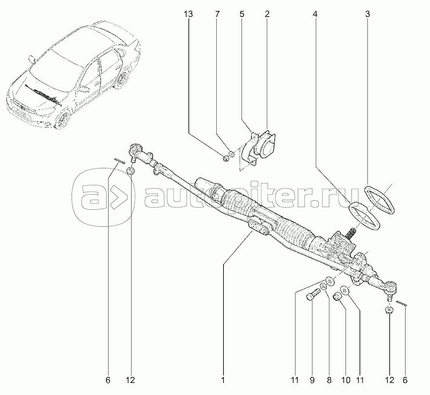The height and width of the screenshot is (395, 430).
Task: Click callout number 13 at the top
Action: (188, 14)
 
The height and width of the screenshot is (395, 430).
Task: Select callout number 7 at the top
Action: (217, 14)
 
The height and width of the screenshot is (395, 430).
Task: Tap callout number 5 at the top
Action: (242, 14)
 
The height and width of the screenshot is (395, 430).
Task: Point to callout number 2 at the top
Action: (267, 14)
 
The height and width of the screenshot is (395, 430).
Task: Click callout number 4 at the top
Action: (315, 14)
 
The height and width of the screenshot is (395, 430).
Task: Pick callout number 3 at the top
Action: (367, 14)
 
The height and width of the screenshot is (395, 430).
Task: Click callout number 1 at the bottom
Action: (223, 380)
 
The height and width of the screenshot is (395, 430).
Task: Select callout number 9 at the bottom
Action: (312, 380)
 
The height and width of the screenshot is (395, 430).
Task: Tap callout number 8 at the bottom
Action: (329, 380)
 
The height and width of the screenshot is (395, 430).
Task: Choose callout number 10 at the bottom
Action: (346, 380)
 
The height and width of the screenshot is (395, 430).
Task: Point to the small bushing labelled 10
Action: (337, 296)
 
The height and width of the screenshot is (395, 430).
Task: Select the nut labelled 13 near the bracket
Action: (226, 158)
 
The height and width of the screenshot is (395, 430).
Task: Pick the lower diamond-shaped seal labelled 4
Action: (364, 216)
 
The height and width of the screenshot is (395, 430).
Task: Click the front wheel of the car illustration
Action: (63, 119)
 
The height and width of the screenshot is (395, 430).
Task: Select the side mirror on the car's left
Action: (32, 59)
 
